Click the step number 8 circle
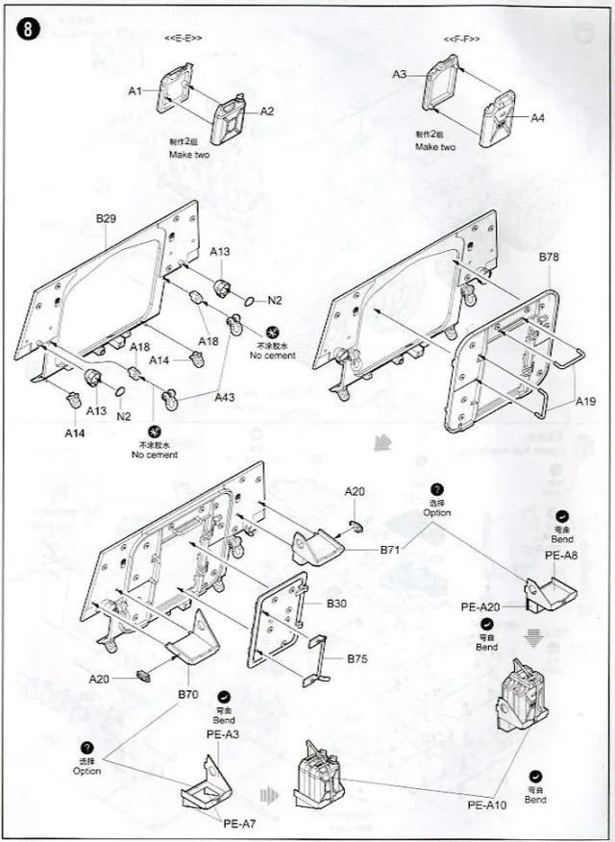26,28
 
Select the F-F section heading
461,38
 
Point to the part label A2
267,111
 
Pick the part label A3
400,74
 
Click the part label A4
537,117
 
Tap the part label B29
106,219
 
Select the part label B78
549,257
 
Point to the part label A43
225,397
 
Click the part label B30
335,603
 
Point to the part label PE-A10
488,805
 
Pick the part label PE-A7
238,824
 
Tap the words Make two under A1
189,154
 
